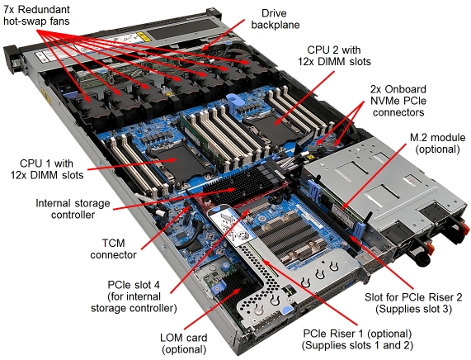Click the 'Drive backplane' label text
click(x=276, y=19)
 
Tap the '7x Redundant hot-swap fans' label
click(x=36, y=16)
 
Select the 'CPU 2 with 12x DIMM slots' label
click(x=334, y=55)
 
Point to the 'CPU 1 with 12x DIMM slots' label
click(x=47, y=169)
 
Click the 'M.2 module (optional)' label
click(x=438, y=144)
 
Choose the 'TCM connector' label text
click(x=113, y=249)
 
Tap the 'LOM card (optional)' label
click(x=184, y=343)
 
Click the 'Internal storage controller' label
click(x=73, y=209)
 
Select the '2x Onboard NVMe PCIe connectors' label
click(x=398, y=101)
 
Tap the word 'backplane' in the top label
click(x=276, y=25)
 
